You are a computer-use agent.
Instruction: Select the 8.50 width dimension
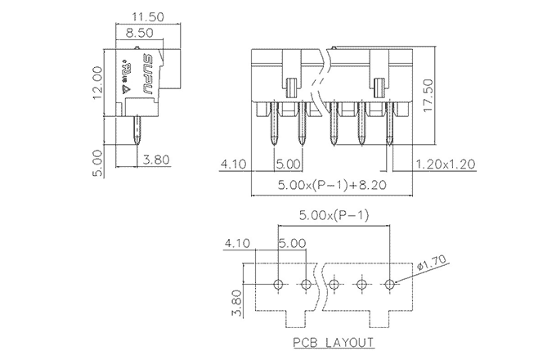pos(141,34)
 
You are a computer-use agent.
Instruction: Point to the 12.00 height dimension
pos(97,82)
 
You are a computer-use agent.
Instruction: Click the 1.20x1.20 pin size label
pos(446,163)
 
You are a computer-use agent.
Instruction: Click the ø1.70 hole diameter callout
pos(428,266)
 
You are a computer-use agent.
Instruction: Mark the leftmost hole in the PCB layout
pos(278,284)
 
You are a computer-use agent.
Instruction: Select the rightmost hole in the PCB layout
pos(390,284)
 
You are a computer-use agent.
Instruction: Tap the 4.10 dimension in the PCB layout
pos(236,244)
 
